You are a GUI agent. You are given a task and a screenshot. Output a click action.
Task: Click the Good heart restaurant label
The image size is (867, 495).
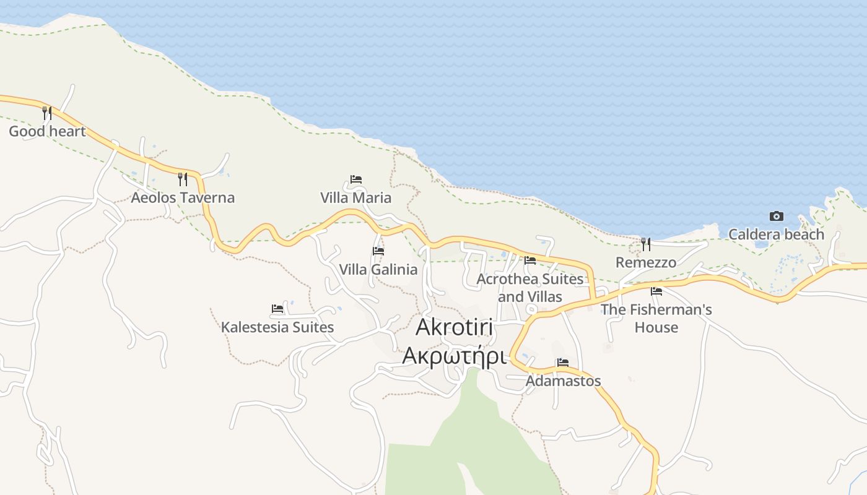click(x=47, y=131)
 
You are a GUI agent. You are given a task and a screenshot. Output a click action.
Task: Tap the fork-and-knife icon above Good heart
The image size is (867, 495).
click(x=46, y=113)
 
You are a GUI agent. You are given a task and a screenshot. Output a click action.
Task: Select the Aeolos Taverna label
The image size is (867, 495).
click(x=183, y=197)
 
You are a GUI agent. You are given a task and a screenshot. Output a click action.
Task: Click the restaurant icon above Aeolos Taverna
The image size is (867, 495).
click(x=183, y=179)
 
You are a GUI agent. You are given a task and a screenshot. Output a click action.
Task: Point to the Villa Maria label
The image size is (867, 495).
click(x=355, y=197)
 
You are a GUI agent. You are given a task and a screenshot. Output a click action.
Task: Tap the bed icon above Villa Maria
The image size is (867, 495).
click(x=355, y=179)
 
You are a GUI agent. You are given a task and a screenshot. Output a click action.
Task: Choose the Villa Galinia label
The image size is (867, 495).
click(x=378, y=270)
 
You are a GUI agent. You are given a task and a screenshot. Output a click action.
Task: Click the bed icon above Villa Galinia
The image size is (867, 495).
click(x=378, y=251)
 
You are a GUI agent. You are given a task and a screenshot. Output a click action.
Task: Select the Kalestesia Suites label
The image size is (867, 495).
click(x=277, y=327)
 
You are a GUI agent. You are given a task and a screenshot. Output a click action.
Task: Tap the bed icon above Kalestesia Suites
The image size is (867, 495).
click(x=277, y=309)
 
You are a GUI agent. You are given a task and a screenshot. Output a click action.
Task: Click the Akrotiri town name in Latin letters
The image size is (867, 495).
click(x=455, y=327)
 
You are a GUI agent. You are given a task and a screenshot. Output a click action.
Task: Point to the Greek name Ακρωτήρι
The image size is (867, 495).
click(x=455, y=356)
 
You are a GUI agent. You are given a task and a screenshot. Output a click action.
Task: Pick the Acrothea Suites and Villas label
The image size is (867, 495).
click(x=530, y=288)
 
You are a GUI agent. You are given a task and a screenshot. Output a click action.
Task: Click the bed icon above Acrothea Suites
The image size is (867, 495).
click(x=530, y=260)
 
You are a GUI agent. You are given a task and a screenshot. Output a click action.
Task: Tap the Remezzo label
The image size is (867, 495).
click(x=646, y=262)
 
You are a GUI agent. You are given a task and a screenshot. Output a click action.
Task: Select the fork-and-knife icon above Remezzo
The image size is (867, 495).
click(x=646, y=244)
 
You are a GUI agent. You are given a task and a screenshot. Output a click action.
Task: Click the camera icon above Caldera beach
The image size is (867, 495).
click(x=776, y=216)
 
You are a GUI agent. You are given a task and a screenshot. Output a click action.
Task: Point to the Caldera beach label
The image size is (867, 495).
click(x=776, y=235)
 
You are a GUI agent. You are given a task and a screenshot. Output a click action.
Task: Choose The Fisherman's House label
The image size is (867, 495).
click(x=656, y=318)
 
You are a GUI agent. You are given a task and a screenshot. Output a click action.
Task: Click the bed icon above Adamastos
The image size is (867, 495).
click(x=563, y=363)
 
